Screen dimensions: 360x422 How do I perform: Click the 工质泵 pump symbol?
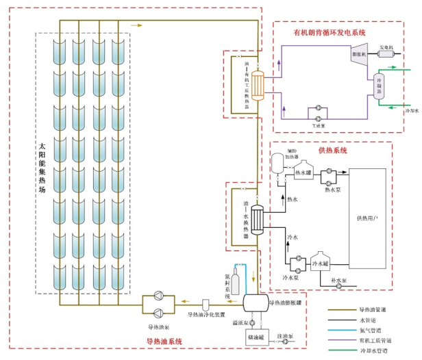(x=317, y=110)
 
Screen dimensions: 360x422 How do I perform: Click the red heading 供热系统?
(x=333, y=150)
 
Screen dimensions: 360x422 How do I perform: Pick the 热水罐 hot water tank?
(x=303, y=174)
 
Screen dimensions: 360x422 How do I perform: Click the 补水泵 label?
(x=339, y=281)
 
